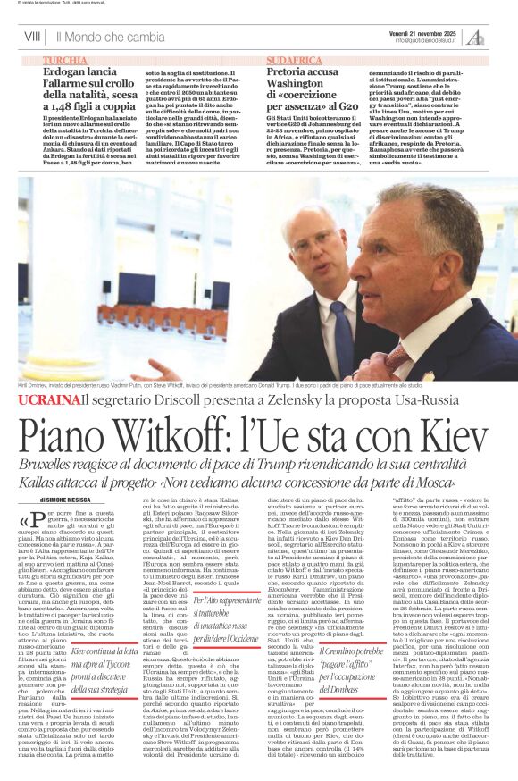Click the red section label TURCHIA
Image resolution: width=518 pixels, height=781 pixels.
pos(65,59)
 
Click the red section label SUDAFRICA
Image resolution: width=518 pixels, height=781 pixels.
pos(294,59)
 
